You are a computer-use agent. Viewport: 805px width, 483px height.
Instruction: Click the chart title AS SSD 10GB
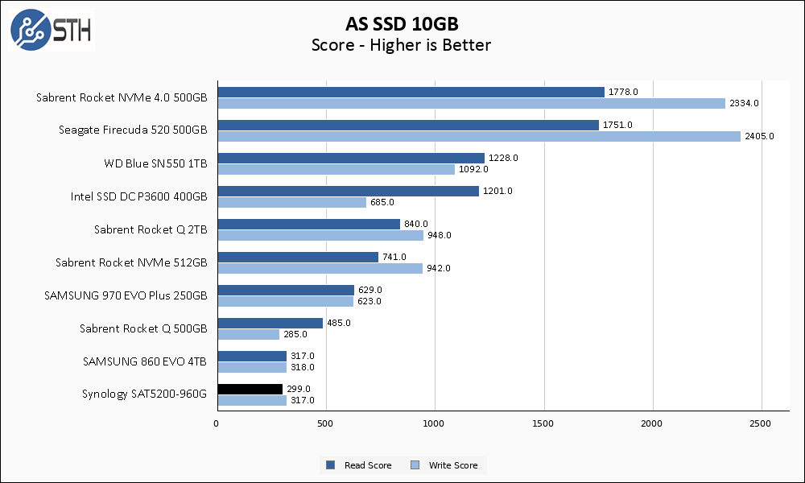tap(401, 23)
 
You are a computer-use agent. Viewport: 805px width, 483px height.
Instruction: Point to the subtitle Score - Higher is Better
tap(401, 45)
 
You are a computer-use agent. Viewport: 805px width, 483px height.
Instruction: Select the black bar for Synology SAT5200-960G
tap(250, 389)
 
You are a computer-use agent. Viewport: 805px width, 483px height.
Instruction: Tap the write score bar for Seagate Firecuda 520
tap(478, 136)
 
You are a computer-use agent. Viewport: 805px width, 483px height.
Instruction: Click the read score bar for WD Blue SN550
tap(350, 158)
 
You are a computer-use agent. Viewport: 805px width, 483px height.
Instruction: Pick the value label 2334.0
tap(744, 103)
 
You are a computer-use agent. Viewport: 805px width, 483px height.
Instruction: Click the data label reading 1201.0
tap(497, 191)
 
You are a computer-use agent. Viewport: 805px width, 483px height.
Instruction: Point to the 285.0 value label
tap(298, 334)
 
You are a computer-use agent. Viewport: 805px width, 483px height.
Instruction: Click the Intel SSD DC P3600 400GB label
tap(138, 196)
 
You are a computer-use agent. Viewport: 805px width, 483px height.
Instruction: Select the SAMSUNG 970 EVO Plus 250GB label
tap(126, 295)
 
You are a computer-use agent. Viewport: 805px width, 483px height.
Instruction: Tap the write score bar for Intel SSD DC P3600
tap(291, 202)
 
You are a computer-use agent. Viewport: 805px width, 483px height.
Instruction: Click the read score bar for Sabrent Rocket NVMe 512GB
tap(297, 257)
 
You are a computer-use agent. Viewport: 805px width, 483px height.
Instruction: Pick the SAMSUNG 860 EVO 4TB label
tap(144, 361)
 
